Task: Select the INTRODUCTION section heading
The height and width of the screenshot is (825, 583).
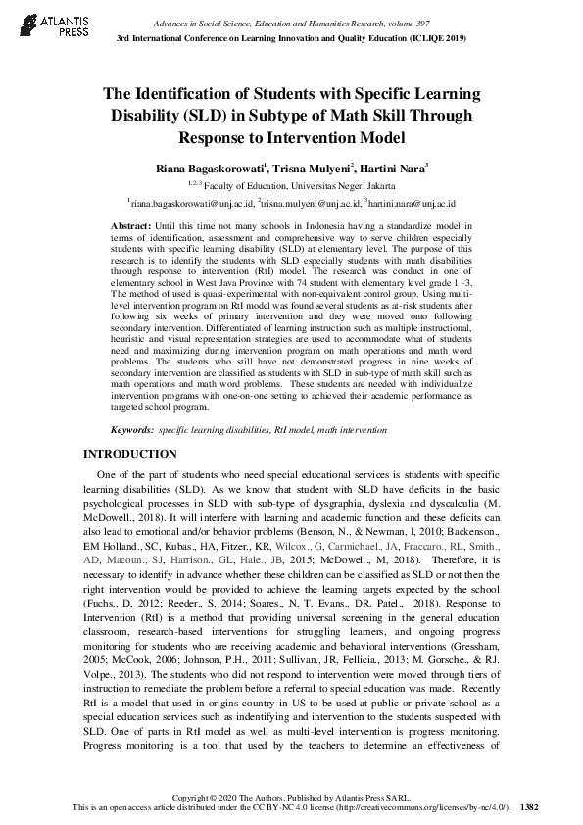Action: point(129,455)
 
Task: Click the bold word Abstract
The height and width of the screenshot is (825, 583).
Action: point(131,225)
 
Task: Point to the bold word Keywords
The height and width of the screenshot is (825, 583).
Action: point(133,430)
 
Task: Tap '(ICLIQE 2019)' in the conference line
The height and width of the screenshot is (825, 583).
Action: point(432,37)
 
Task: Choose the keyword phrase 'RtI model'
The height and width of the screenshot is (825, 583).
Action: point(282,430)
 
